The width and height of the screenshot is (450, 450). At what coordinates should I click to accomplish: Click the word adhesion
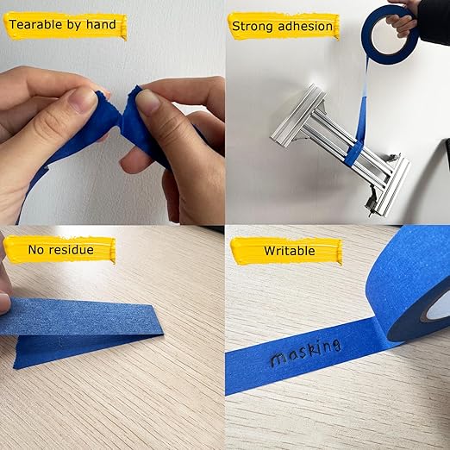click(306, 26)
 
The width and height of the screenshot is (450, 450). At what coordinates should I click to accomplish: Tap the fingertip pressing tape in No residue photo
click(4, 302)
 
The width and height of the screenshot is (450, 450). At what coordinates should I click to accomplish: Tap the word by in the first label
click(79, 25)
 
